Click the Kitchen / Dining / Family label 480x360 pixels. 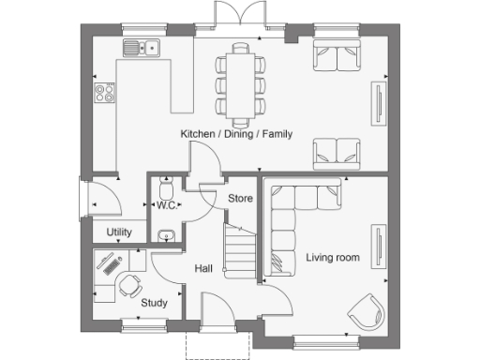[236, 134]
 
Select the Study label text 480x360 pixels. [154, 303]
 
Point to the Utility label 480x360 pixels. [119, 232]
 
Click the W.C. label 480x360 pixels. [167, 205]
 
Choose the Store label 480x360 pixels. [241, 198]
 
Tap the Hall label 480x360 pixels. [203, 269]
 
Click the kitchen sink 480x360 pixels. [142, 49]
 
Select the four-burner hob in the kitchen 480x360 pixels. [105, 92]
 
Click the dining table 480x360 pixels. [240, 84]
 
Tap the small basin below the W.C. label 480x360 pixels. [166, 234]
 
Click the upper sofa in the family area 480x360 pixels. [336, 56]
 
